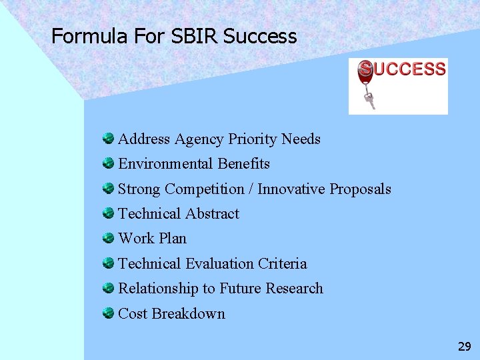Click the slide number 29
[x=464, y=346]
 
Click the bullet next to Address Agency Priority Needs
[x=108, y=139]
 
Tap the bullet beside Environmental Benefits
[x=108, y=163]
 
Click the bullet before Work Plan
[x=108, y=238]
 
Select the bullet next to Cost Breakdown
[x=108, y=313]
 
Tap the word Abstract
[x=212, y=214]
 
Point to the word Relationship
[x=158, y=289]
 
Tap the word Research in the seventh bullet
[x=294, y=289]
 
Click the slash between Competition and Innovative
[x=251, y=189]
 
